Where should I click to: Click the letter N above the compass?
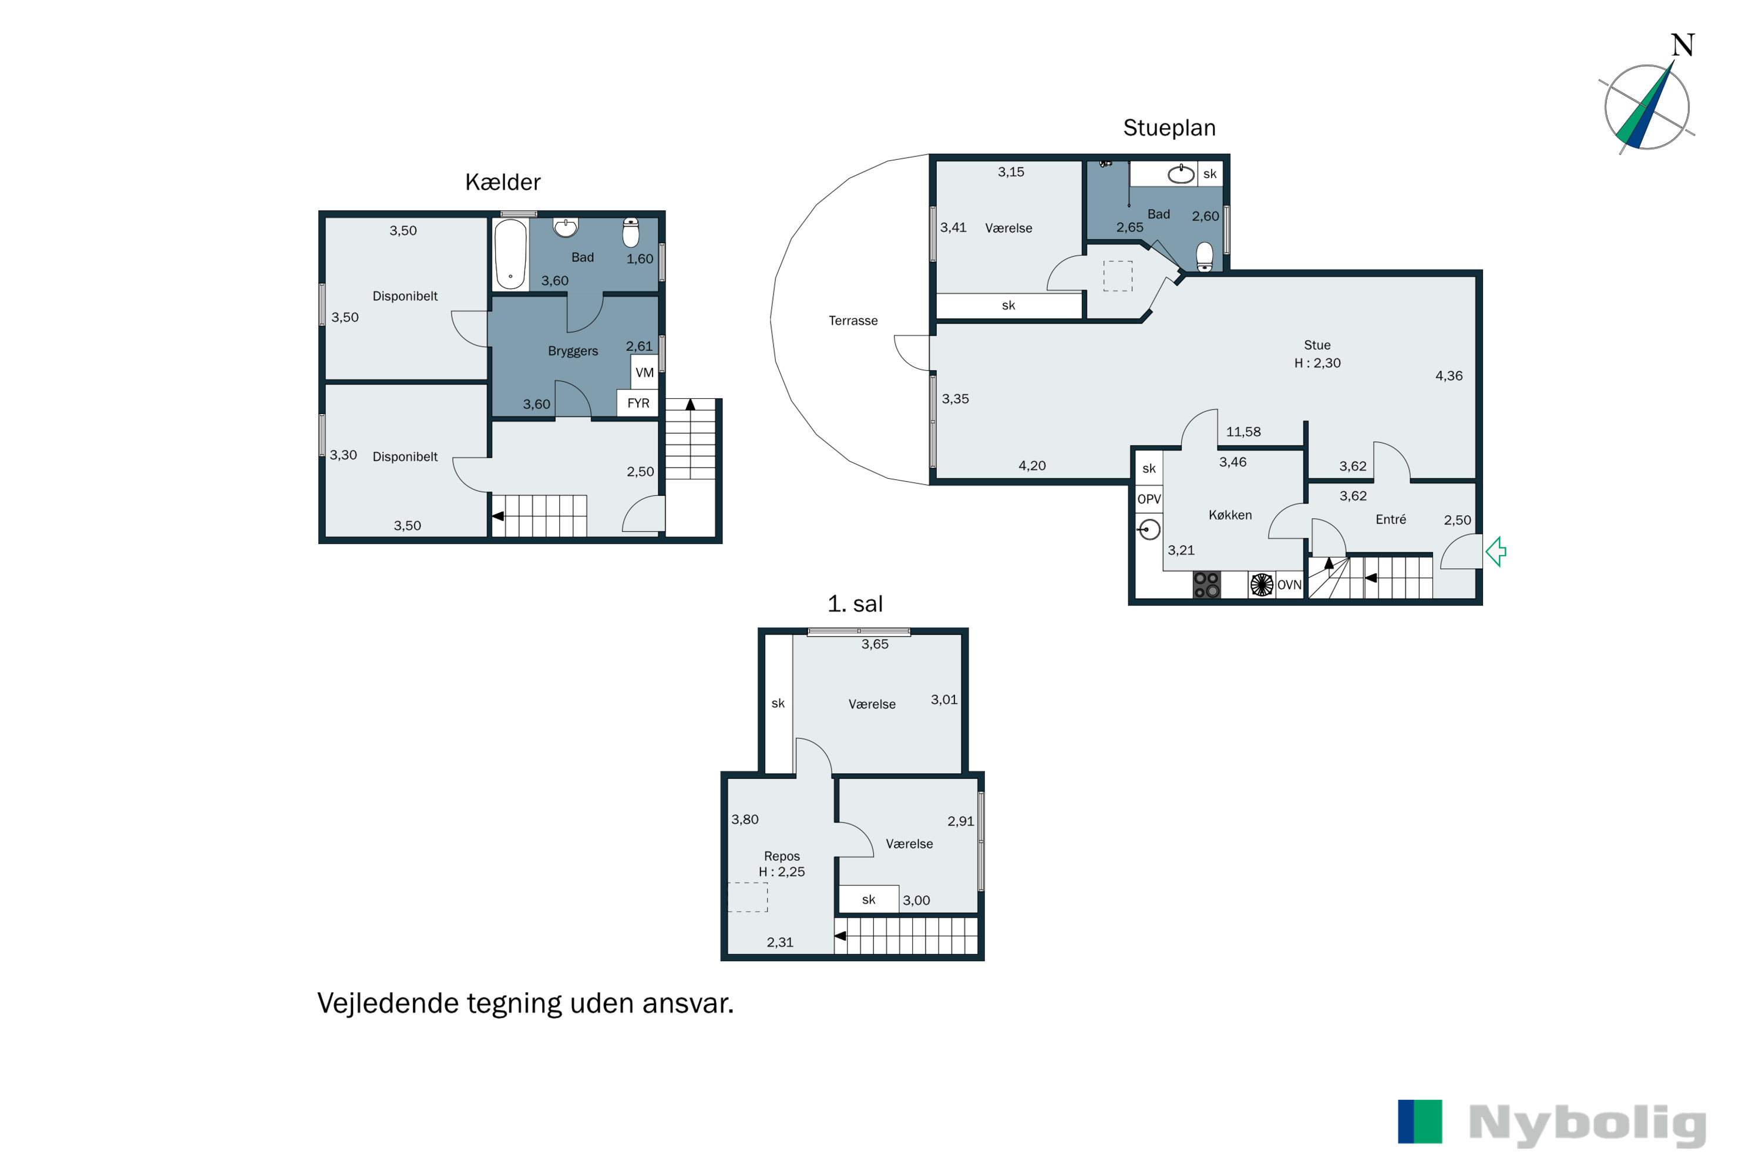click(1683, 46)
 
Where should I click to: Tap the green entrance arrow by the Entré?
click(1495, 552)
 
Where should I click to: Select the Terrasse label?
click(853, 321)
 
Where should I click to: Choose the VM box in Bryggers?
click(644, 372)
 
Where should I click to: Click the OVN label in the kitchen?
click(1289, 585)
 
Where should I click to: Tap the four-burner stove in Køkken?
click(1206, 585)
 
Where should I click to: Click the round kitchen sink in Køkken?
click(1149, 530)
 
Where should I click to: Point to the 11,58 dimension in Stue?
click(1243, 432)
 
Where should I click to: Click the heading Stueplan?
click(1169, 128)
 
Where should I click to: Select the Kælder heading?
click(503, 182)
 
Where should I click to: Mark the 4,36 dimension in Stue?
click(1448, 376)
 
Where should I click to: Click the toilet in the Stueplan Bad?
click(1205, 256)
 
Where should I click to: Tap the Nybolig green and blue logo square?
click(1420, 1122)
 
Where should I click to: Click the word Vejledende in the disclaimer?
click(387, 1004)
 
